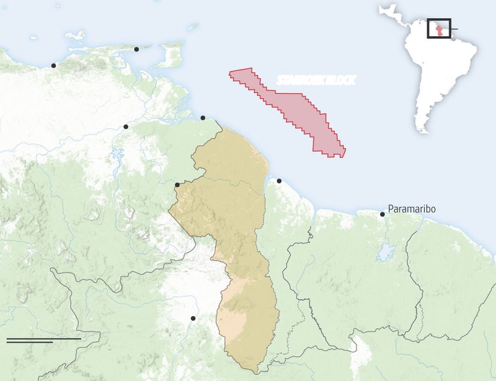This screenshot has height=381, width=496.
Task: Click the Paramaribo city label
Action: pyautogui.click(x=412, y=210)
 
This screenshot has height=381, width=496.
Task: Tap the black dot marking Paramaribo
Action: pyautogui.click(x=383, y=214)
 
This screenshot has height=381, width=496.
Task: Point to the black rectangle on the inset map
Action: pyautogui.click(x=439, y=28)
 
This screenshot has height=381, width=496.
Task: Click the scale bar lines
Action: pyautogui.click(x=44, y=340)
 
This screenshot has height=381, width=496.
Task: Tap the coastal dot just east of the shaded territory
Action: pyautogui.click(x=279, y=181)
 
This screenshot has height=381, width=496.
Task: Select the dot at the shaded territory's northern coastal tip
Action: pyautogui.click(x=203, y=118)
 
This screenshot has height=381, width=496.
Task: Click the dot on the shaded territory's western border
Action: pyautogui.click(x=177, y=185)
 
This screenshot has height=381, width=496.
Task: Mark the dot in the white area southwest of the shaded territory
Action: pyautogui.click(x=193, y=318)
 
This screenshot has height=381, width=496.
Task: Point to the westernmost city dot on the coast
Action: pyautogui.click(x=54, y=65)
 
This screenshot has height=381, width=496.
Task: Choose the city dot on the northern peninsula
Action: pyautogui.click(x=137, y=49)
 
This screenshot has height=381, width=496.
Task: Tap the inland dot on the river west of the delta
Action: pyautogui.click(x=126, y=127)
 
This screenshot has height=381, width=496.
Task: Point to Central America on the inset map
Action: pyautogui.click(x=392, y=13)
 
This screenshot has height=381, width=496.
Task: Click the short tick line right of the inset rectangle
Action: pyautogui.click(x=454, y=29)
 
